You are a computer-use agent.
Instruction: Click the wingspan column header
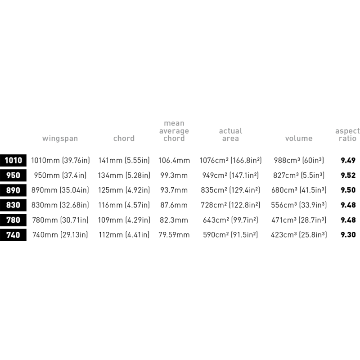pyautogui.click(x=60, y=139)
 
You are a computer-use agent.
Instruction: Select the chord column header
pyautogui.click(x=124, y=138)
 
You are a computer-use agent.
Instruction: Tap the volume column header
pyautogui.click(x=299, y=138)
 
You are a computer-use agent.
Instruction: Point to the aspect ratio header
pyautogui.click(x=347, y=135)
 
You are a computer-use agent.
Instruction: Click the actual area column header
pyautogui.click(x=230, y=135)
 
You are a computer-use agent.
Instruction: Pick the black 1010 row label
pyautogui.click(x=13, y=160)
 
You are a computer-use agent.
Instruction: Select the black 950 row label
pyautogui.click(x=13, y=175)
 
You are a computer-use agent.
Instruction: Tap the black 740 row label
pyautogui.click(x=13, y=235)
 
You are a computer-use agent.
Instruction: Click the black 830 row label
pyautogui.click(x=13, y=205)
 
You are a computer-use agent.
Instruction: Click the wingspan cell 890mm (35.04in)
pyautogui.click(x=60, y=190)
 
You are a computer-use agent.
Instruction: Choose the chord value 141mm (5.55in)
pyautogui.click(x=124, y=160)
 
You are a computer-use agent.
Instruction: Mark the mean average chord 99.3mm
pyautogui.click(x=174, y=175)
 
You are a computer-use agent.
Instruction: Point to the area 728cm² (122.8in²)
pyautogui.click(x=230, y=205)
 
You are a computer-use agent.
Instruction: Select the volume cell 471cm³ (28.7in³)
pyautogui.click(x=299, y=220)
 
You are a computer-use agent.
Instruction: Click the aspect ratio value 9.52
pyautogui.click(x=348, y=175)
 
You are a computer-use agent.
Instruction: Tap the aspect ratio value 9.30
pyautogui.click(x=348, y=234)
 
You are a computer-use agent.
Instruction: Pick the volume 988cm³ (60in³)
pyautogui.click(x=299, y=160)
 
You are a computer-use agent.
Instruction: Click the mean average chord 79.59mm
pyautogui.click(x=174, y=234)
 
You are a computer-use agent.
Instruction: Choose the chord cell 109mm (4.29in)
pyautogui.click(x=124, y=220)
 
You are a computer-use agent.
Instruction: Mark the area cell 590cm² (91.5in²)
pyautogui.click(x=230, y=234)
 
